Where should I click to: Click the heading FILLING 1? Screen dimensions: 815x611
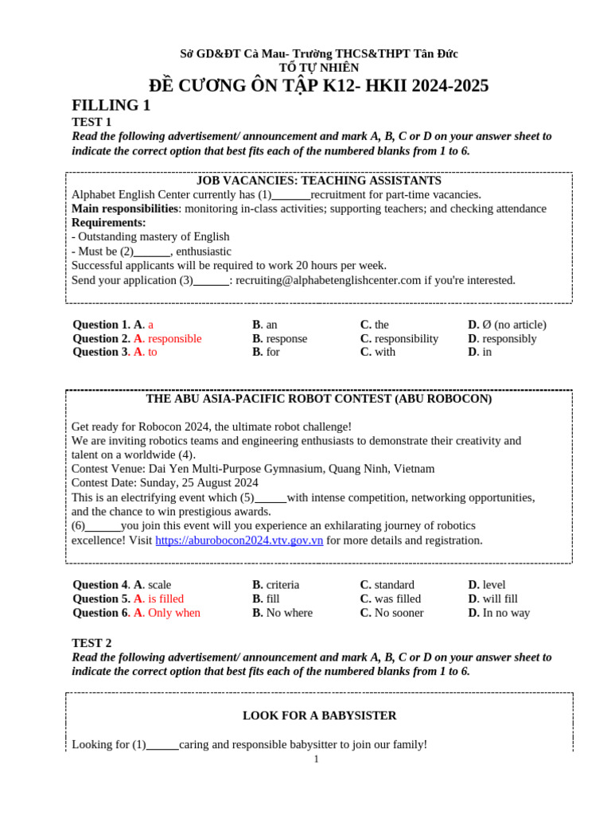point(111,106)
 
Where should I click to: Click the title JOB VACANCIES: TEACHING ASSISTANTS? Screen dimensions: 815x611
point(318,181)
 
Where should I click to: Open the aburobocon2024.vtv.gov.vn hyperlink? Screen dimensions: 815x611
point(239,540)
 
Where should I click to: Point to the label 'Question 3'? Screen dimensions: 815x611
point(99,352)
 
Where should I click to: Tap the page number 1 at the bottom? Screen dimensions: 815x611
point(316,759)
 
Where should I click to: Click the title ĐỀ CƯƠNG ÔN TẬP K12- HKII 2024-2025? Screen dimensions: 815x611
point(318,86)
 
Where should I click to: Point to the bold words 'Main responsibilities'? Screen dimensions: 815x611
point(124,209)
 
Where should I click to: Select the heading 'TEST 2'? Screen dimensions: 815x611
point(91,643)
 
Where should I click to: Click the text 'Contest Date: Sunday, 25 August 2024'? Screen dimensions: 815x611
point(165,483)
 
